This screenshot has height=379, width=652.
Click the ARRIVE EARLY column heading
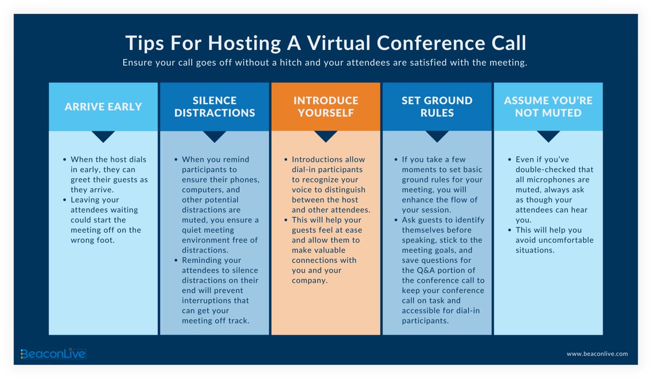point(103,107)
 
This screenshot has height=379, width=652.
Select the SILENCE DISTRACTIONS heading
point(215,107)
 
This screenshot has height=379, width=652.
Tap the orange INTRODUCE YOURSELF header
point(325,107)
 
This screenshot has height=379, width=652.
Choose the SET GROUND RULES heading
point(437,107)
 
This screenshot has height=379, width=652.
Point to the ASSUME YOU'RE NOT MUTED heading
point(548,107)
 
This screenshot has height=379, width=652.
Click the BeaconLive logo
point(53,354)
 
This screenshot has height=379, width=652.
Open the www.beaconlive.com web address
point(597,354)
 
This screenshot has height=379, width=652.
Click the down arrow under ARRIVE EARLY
point(103,136)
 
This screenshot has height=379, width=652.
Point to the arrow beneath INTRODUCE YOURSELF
point(325,136)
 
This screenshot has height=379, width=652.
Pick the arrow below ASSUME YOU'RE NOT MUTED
point(548,136)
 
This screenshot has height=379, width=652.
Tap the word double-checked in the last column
point(542,169)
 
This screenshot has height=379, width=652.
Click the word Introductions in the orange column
point(316,160)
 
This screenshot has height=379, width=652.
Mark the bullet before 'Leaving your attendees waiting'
point(65,200)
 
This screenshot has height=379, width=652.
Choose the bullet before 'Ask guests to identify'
point(396,220)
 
